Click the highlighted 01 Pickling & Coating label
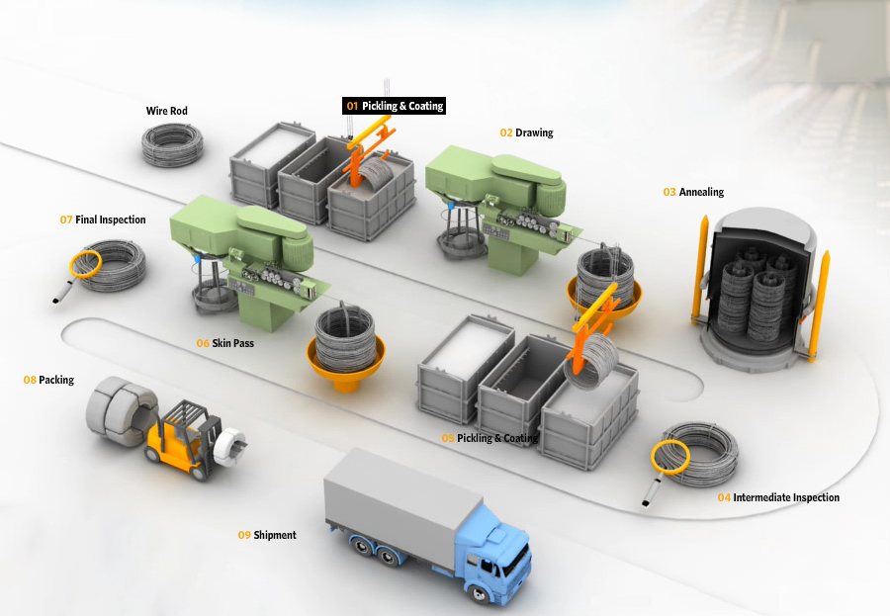[394, 106]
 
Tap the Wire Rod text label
[166, 111]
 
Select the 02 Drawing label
[526, 132]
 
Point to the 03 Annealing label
[693, 192]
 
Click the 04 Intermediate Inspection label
[778, 497]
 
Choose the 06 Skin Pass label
[224, 343]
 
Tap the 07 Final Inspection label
[103, 220]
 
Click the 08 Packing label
[48, 380]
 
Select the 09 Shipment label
[267, 535]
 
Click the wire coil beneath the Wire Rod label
[172, 145]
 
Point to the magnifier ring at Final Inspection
[85, 265]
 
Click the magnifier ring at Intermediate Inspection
[669, 458]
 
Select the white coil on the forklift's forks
[230, 447]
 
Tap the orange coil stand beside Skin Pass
[346, 363]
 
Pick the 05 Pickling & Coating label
[489, 438]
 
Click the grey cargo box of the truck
[403, 502]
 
